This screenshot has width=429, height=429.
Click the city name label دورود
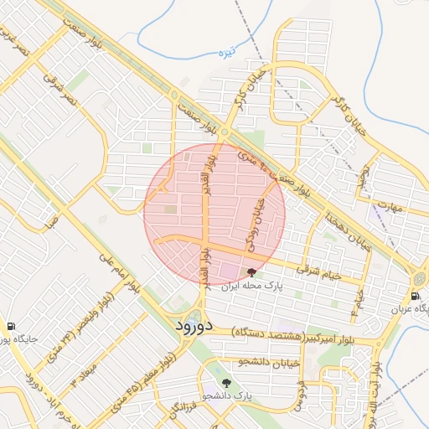(195, 323)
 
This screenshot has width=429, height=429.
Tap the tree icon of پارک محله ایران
(252, 272)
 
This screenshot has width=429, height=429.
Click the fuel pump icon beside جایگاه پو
(10, 326)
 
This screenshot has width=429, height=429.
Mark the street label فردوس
(297, 395)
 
